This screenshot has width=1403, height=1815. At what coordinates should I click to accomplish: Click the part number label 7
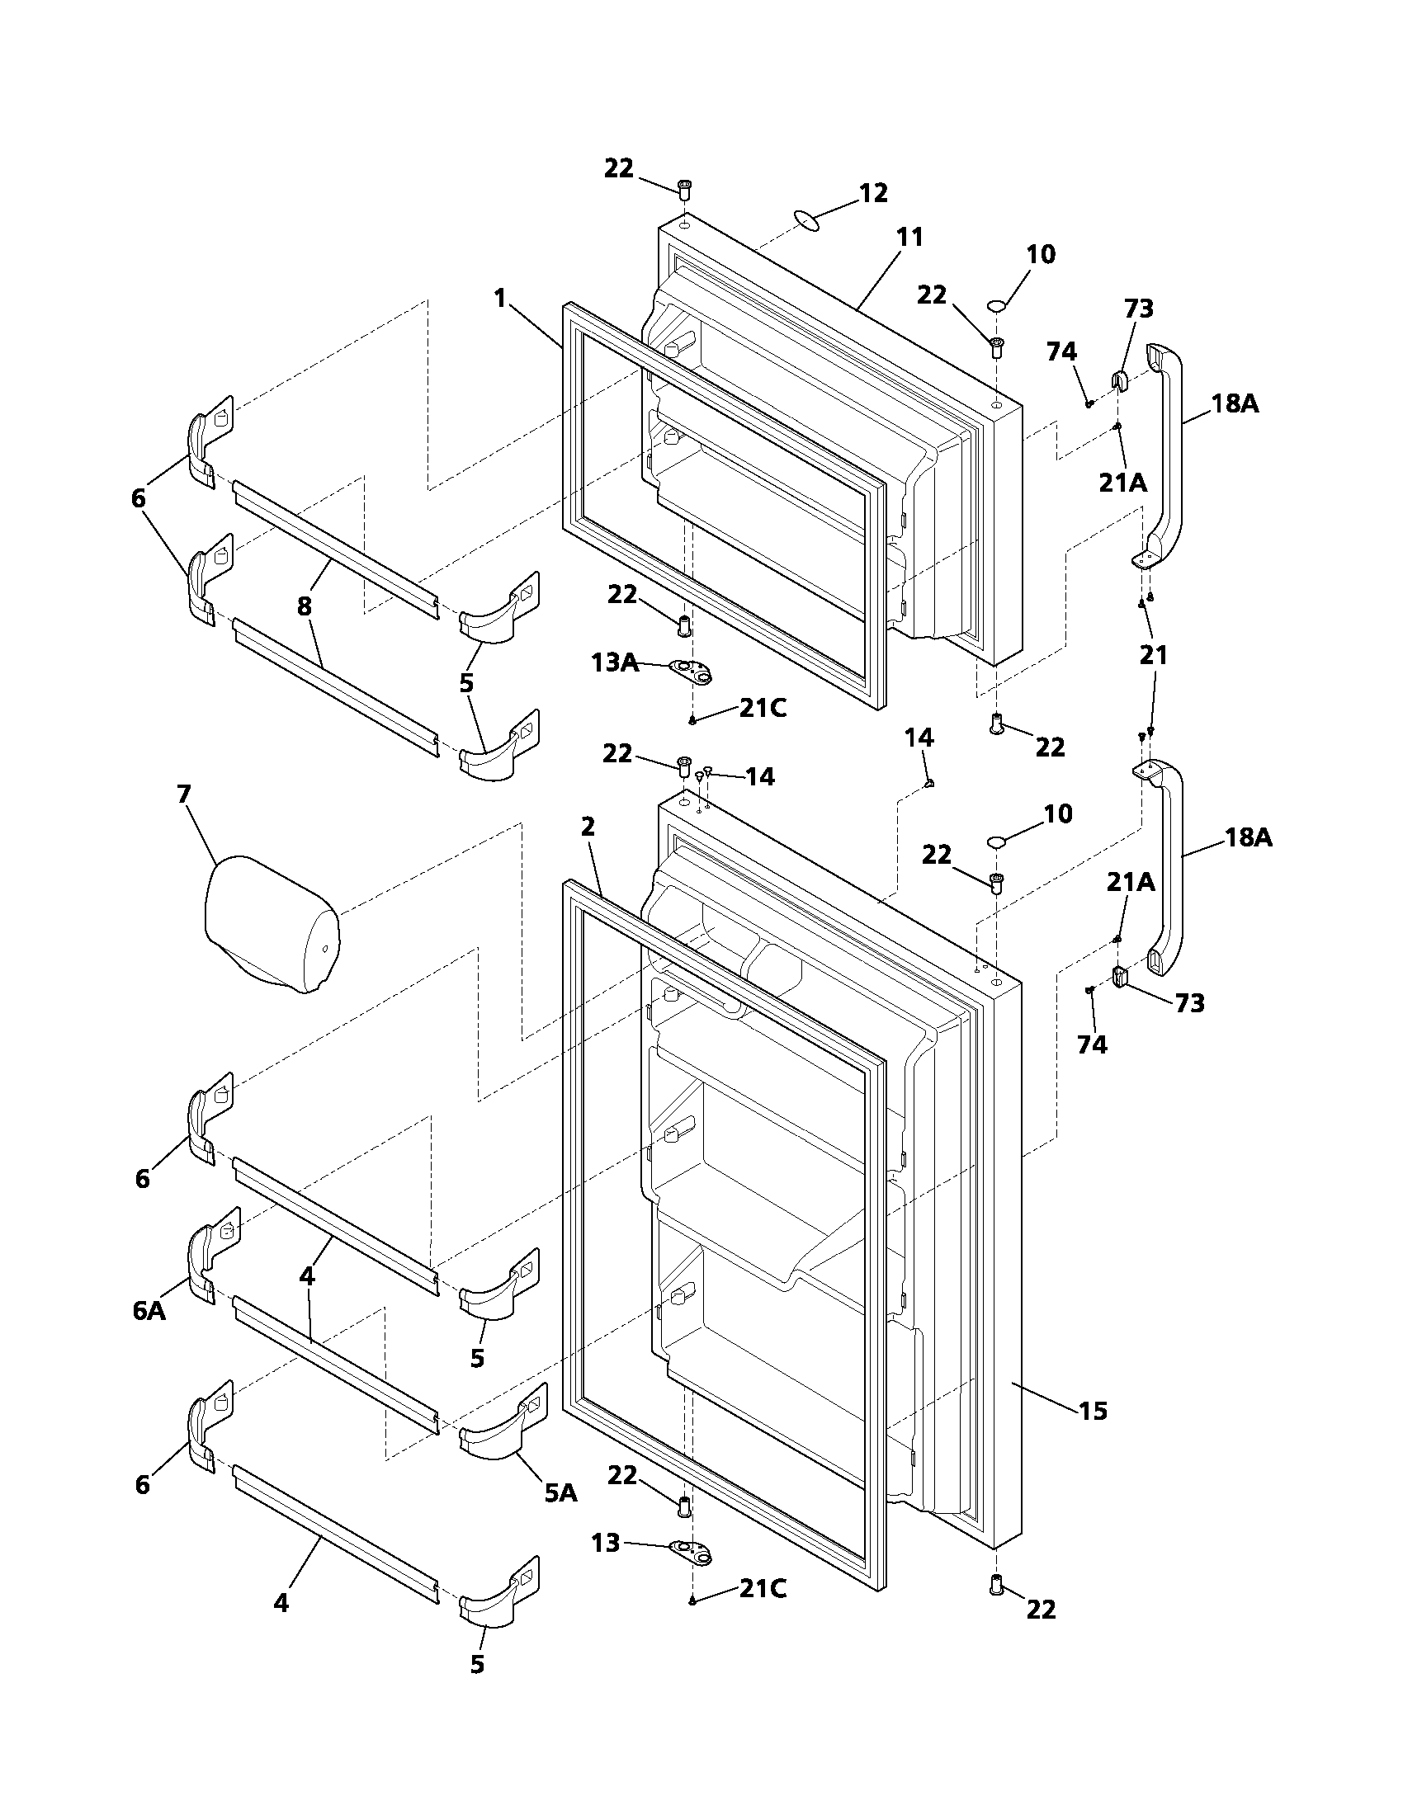184,794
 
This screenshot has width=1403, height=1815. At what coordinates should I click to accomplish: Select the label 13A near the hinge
614,662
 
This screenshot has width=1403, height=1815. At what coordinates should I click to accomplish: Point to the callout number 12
872,193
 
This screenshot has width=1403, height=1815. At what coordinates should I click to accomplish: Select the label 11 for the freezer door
910,237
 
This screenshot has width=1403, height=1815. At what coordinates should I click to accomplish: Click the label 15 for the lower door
1093,1410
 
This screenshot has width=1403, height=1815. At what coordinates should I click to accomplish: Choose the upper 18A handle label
1235,404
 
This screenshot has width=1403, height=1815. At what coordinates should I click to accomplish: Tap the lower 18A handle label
1248,837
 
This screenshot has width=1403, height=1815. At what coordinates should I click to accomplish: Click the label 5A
560,1492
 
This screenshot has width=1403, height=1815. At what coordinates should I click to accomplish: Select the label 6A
149,1311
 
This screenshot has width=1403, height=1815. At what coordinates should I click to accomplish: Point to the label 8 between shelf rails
305,606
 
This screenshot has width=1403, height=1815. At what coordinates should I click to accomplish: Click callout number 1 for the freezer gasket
499,298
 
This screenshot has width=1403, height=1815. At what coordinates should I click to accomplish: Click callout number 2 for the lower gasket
588,826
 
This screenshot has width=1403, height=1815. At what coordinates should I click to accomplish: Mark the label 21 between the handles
1153,655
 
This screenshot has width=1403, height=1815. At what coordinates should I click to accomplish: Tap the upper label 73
1138,309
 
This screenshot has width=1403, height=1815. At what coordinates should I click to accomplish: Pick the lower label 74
1092,1044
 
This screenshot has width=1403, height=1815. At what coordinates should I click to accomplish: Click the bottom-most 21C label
763,1588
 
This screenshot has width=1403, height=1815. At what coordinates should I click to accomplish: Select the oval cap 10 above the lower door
996,842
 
